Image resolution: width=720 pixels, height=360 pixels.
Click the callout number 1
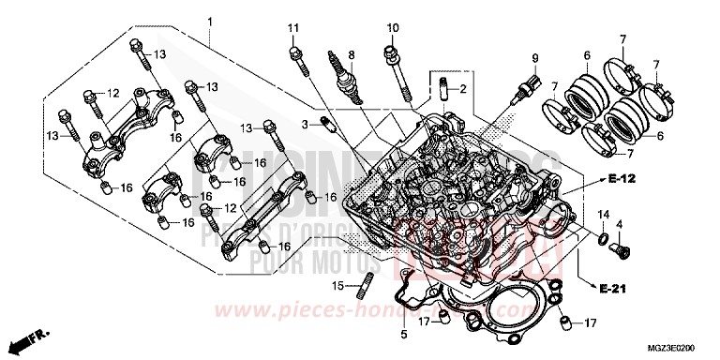[x=211, y=21]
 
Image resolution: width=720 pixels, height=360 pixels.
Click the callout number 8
[x=351, y=53]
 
